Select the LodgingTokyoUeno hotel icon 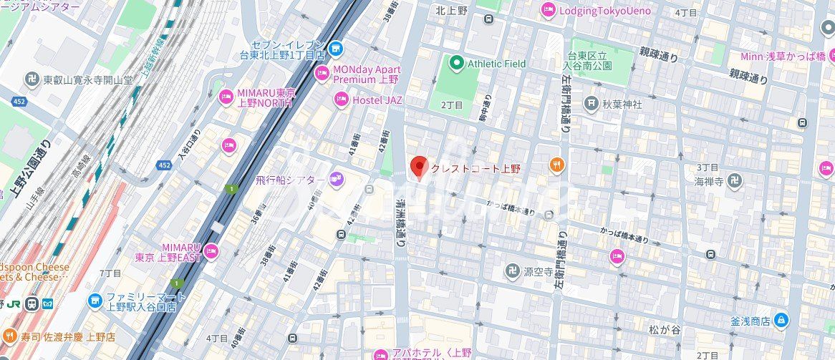[x=549, y=10]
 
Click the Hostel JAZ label [x=377, y=100]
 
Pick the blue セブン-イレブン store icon [x=337, y=48]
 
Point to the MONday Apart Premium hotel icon [x=322, y=73]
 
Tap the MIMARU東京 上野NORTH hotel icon [x=226, y=96]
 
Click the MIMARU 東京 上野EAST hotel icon [x=211, y=251]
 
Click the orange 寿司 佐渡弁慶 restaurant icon [x=9, y=336]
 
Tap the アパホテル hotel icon [x=380, y=353]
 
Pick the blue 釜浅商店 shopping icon [x=781, y=319]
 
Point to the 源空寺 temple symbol [x=511, y=271]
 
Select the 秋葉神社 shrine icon [x=591, y=104]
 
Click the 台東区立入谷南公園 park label [x=589, y=60]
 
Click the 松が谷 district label [x=663, y=330]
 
